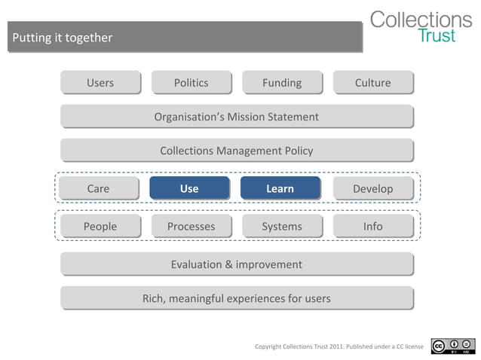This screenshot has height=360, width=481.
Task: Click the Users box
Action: (100, 83)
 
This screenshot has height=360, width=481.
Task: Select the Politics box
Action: (191, 83)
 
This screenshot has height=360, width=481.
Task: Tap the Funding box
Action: (282, 83)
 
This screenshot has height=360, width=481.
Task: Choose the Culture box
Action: (373, 83)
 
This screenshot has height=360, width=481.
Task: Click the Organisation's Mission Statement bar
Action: (237, 117)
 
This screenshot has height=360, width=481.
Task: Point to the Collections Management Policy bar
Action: (237, 151)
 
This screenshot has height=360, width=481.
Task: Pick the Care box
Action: (99, 188)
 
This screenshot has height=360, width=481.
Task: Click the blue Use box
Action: (189, 188)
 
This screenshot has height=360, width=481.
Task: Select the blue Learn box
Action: (280, 188)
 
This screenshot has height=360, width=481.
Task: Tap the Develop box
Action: (373, 188)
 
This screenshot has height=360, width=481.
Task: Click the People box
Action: (100, 226)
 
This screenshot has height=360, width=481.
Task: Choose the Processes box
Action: (191, 226)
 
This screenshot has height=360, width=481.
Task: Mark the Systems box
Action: (282, 226)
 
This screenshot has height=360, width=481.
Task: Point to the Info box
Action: (373, 226)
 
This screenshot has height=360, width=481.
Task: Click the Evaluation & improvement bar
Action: (237, 264)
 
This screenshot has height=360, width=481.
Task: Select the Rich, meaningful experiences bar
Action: (237, 298)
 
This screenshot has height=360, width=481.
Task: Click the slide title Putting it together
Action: (63, 38)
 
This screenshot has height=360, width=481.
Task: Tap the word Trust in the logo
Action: (437, 36)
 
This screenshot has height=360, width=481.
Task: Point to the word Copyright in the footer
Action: (268, 346)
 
